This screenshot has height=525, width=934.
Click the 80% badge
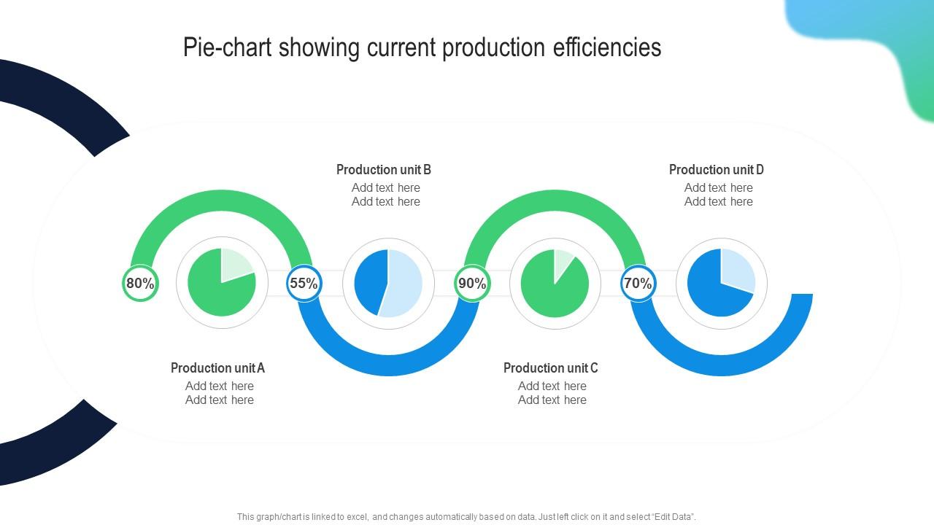(140, 284)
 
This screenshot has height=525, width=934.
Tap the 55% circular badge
(304, 284)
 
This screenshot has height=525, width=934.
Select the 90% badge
(472, 284)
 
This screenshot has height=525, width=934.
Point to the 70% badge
(638, 284)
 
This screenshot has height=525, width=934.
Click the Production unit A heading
(217, 368)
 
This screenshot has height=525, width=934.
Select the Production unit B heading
(384, 170)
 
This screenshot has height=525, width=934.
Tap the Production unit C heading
(551, 368)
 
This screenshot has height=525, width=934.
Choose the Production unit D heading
(717, 170)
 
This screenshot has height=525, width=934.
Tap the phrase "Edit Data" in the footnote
(671, 517)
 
